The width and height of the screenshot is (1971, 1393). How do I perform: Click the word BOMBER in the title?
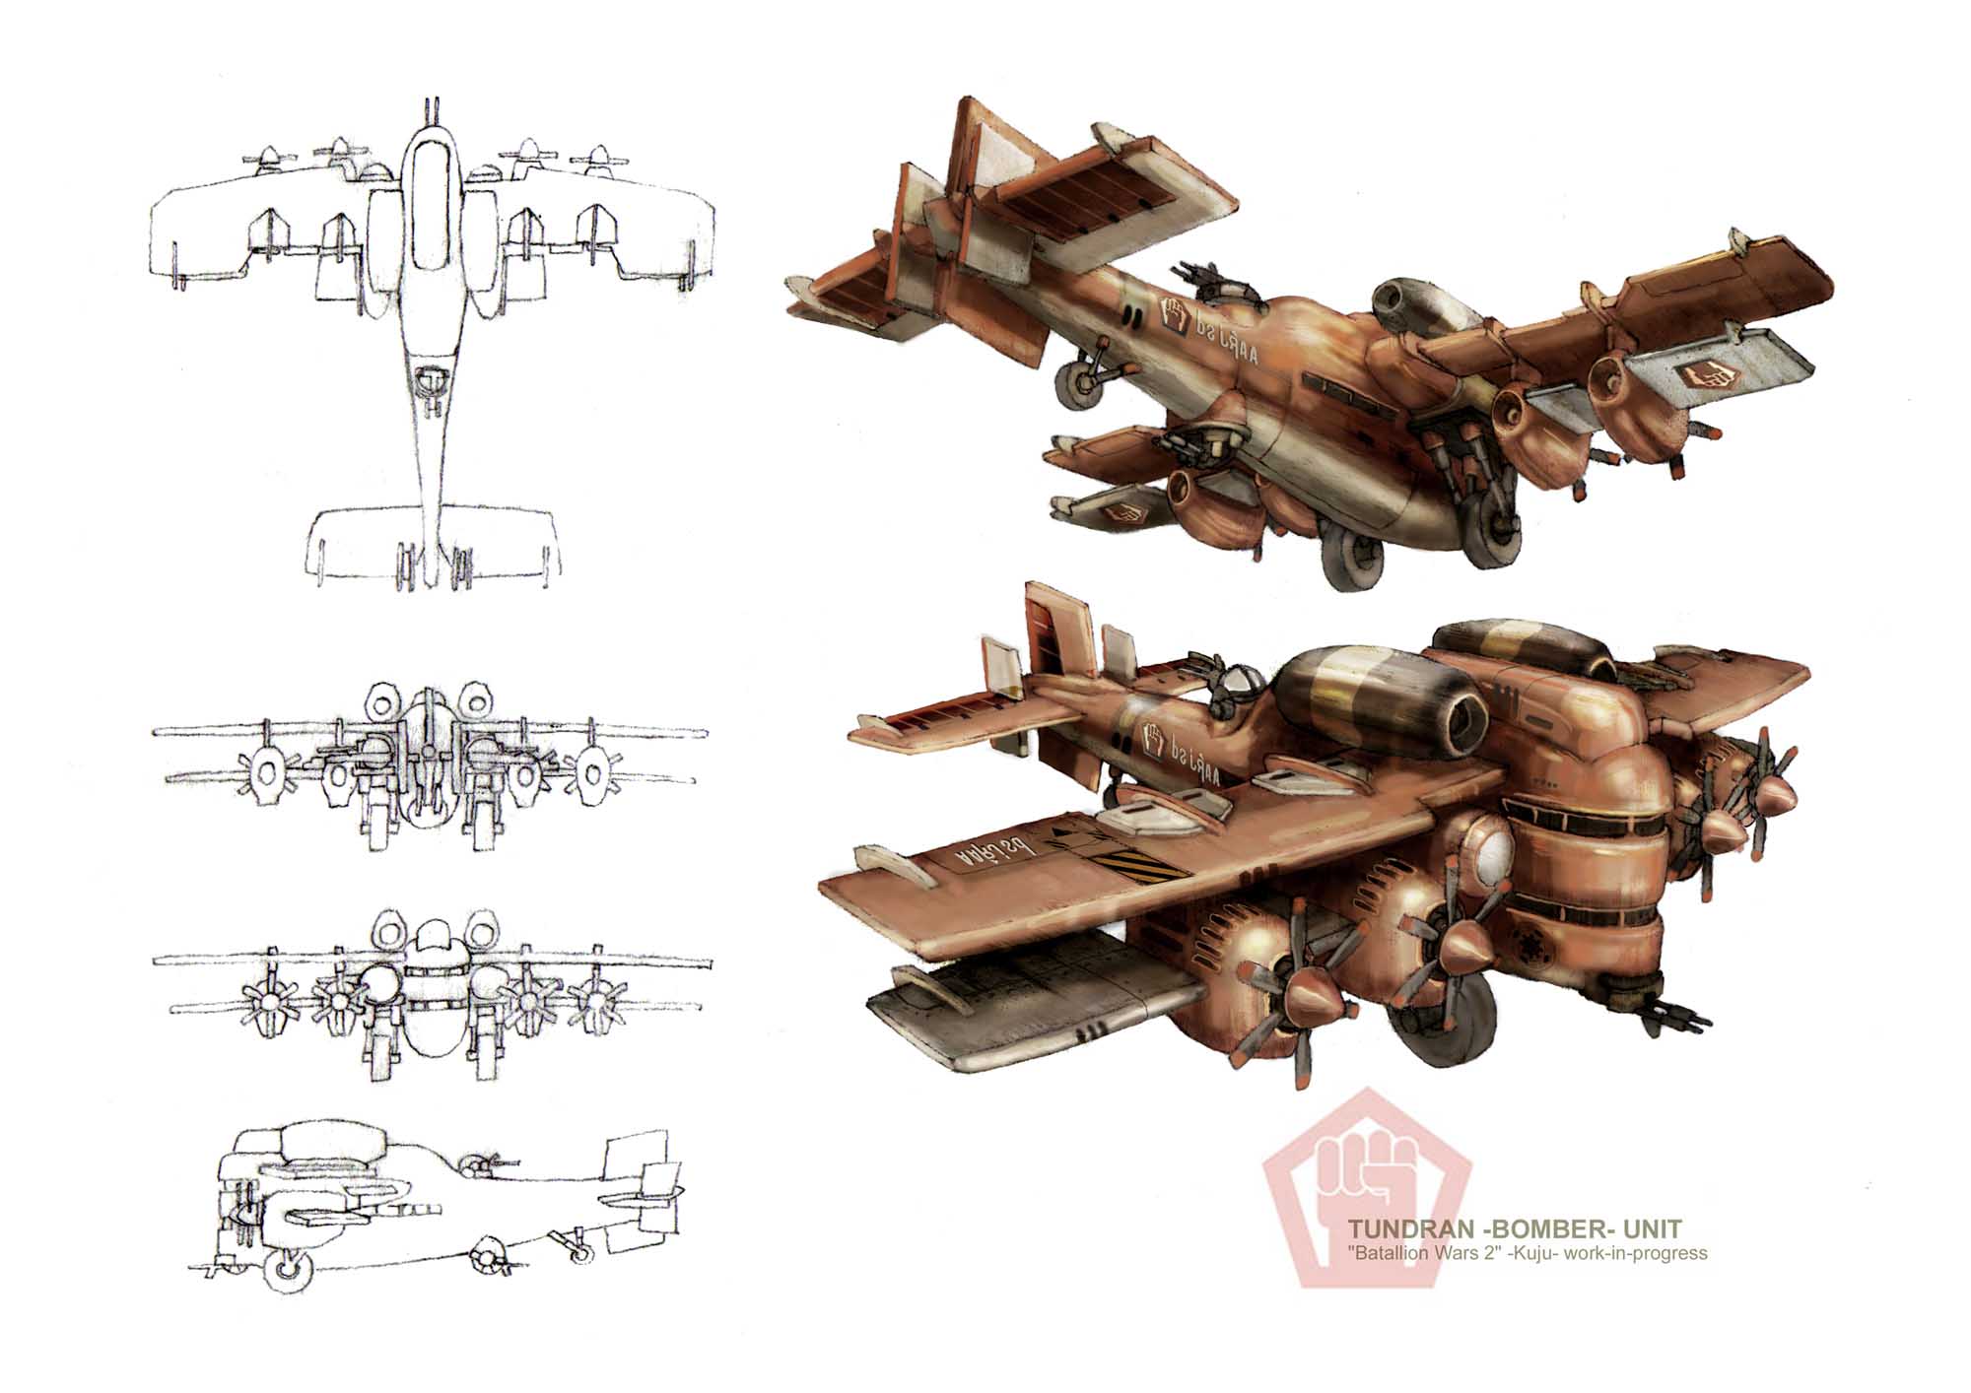coord(1551,1229)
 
